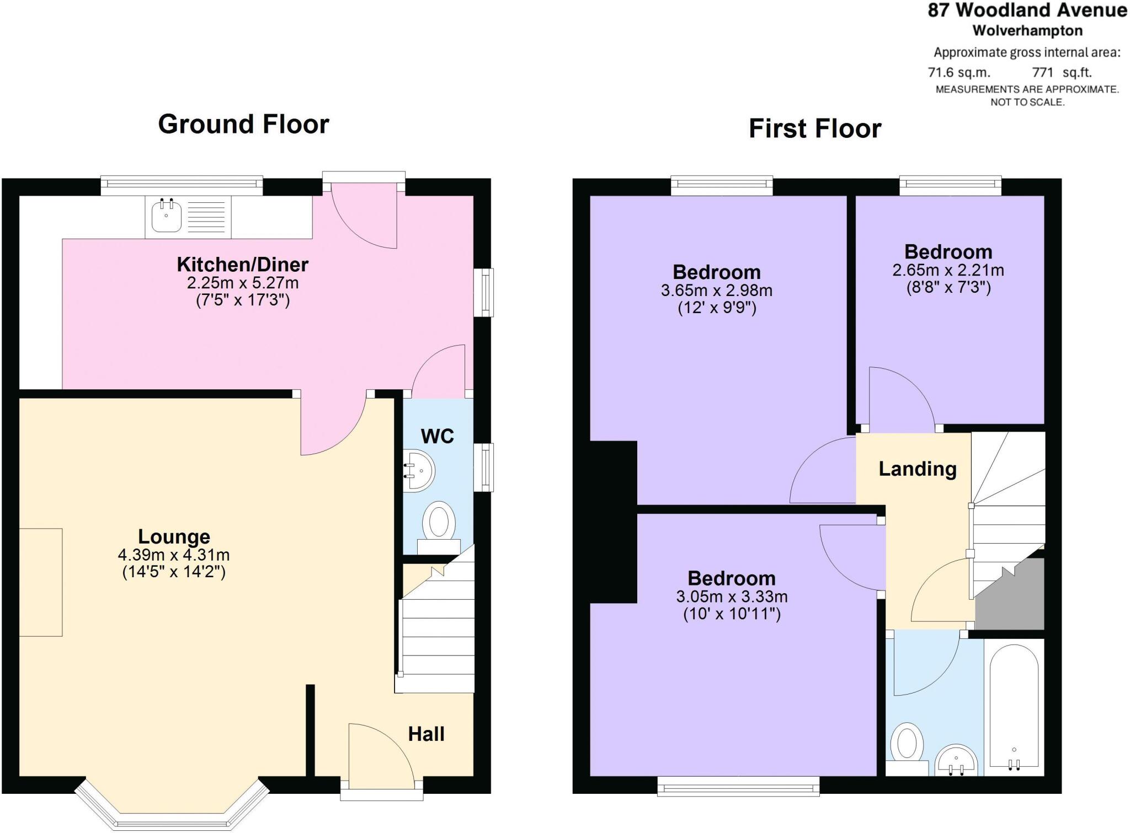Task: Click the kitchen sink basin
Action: pyautogui.click(x=166, y=216)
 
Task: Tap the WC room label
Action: pyautogui.click(x=437, y=437)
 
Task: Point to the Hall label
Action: pyautogui.click(x=426, y=734)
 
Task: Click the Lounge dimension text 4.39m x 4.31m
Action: pyautogui.click(x=174, y=555)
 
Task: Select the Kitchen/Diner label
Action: pyautogui.click(x=242, y=265)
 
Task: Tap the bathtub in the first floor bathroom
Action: pyautogui.click(x=1014, y=706)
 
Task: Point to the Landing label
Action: pyautogui.click(x=918, y=469)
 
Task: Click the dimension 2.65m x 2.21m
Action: pyautogui.click(x=948, y=271)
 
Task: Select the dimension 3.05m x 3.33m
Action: pyautogui.click(x=732, y=596)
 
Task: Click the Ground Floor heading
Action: pyautogui.click(x=243, y=124)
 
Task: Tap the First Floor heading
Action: pyautogui.click(x=814, y=128)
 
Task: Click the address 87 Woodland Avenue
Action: pyautogui.click(x=1027, y=10)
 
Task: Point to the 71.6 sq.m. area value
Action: pyautogui.click(x=959, y=72)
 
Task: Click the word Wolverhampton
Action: pyautogui.click(x=1027, y=30)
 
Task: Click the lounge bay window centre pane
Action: pyautogui.click(x=172, y=821)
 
